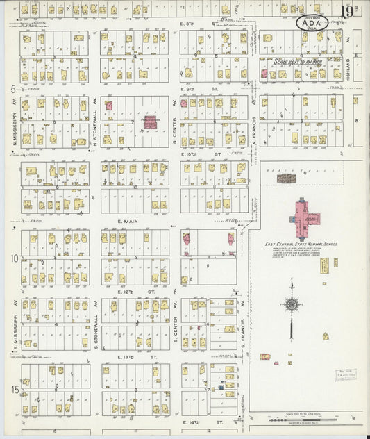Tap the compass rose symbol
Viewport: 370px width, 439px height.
point(292,304)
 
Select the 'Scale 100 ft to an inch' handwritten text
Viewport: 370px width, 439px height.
point(297,62)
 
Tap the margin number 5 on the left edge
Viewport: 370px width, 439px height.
point(13,89)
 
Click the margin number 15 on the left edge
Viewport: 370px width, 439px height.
point(13,390)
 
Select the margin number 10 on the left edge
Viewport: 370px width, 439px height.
point(13,258)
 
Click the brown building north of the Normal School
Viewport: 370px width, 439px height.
point(285,179)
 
